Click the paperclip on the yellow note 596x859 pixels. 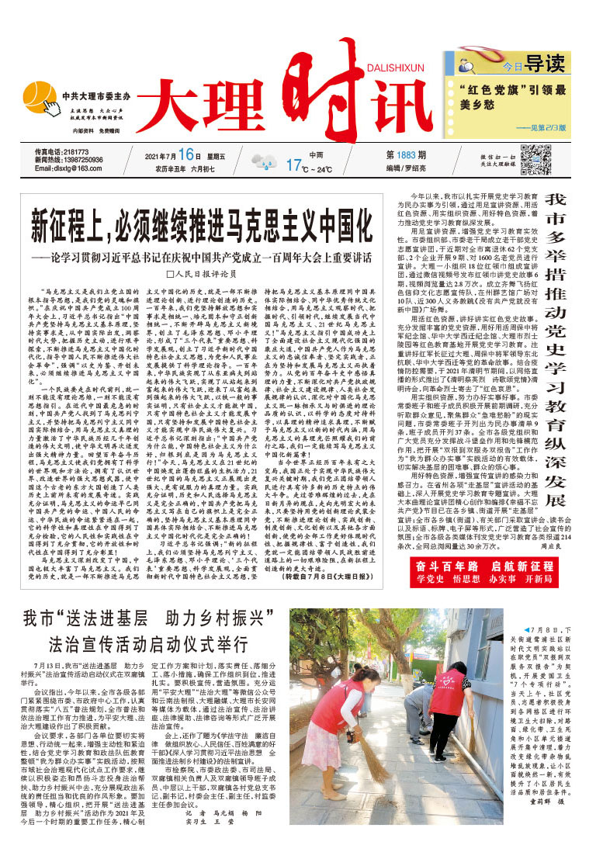tap(472, 57)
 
